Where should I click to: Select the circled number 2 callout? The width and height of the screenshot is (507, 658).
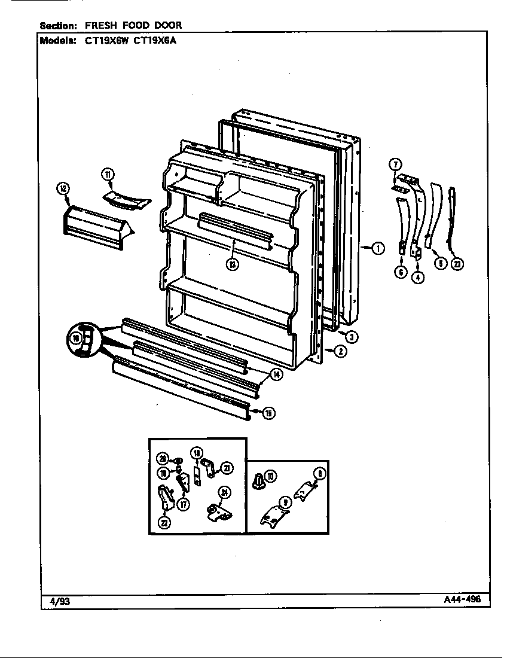(x=340, y=352)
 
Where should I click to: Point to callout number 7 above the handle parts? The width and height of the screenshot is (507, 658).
(x=395, y=164)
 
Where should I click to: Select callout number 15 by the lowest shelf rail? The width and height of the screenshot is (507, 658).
(x=268, y=413)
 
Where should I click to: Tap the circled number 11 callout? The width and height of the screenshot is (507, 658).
(x=107, y=175)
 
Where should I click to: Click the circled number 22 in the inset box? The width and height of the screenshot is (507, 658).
(x=163, y=522)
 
